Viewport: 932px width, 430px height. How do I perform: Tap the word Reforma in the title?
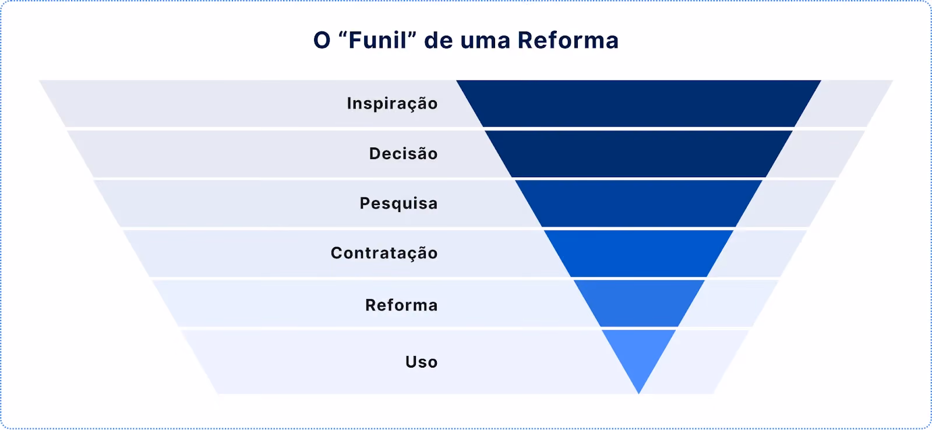pyautogui.click(x=568, y=40)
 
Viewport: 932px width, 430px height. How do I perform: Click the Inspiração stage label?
pyautogui.click(x=393, y=104)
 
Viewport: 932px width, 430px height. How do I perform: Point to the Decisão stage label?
pyautogui.click(x=404, y=153)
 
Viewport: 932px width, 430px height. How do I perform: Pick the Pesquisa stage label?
pyautogui.click(x=398, y=204)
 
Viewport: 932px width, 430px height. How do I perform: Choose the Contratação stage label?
pyautogui.click(x=384, y=253)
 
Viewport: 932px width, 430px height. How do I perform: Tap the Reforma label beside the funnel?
pyautogui.click(x=401, y=305)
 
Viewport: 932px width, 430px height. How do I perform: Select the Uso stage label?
pyautogui.click(x=422, y=362)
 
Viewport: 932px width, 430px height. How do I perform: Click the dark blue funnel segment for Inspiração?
pyautogui.click(x=638, y=103)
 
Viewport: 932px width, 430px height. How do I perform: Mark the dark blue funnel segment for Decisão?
pyautogui.click(x=638, y=154)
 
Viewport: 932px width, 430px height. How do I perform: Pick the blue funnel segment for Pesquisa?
pyautogui.click(x=638, y=203)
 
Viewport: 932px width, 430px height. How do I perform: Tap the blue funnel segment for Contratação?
pyautogui.click(x=638, y=253)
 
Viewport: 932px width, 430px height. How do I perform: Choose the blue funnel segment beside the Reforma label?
pyautogui.click(x=639, y=304)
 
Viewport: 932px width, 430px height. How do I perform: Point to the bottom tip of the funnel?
pyautogui.click(x=638, y=393)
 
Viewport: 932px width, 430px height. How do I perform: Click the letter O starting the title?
pyautogui.click(x=322, y=41)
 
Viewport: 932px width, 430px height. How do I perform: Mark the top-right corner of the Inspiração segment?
pyautogui.click(x=821, y=81)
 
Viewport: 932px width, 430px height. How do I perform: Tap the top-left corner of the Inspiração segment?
pyautogui.click(x=457, y=81)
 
